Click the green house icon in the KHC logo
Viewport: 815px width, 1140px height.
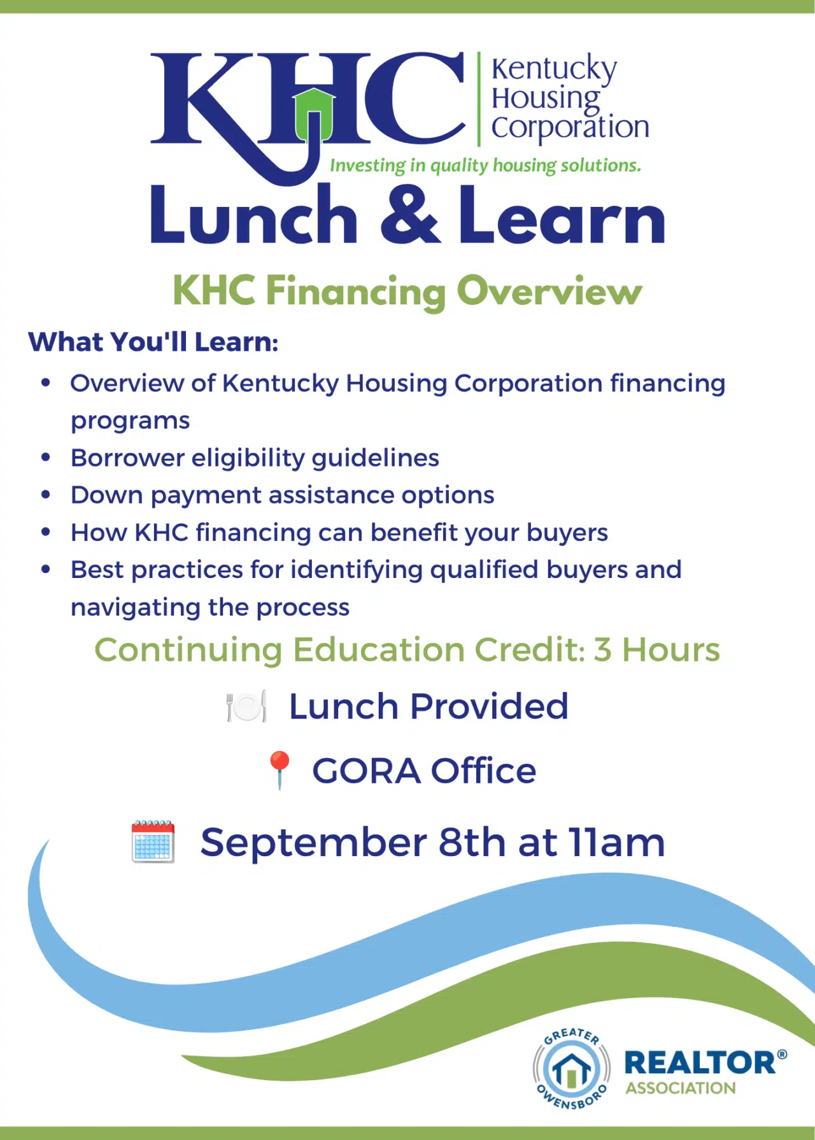coord(314,115)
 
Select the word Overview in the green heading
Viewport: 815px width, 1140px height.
coord(549,291)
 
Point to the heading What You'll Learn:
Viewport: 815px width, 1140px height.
coord(153,342)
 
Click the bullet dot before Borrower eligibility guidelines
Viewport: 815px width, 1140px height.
coord(45,457)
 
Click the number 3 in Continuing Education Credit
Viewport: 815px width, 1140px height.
coord(602,650)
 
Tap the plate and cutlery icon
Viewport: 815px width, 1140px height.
coord(246,706)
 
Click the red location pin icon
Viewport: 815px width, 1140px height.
coord(280,770)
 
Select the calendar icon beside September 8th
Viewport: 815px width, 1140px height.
coord(153,841)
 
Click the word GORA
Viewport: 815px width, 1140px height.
coord(366,771)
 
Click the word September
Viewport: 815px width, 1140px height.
coord(313,843)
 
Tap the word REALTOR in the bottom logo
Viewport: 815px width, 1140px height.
coord(700,1062)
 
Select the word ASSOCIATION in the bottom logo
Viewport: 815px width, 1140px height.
coord(681,1088)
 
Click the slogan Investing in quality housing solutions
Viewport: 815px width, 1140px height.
coord(485,165)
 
